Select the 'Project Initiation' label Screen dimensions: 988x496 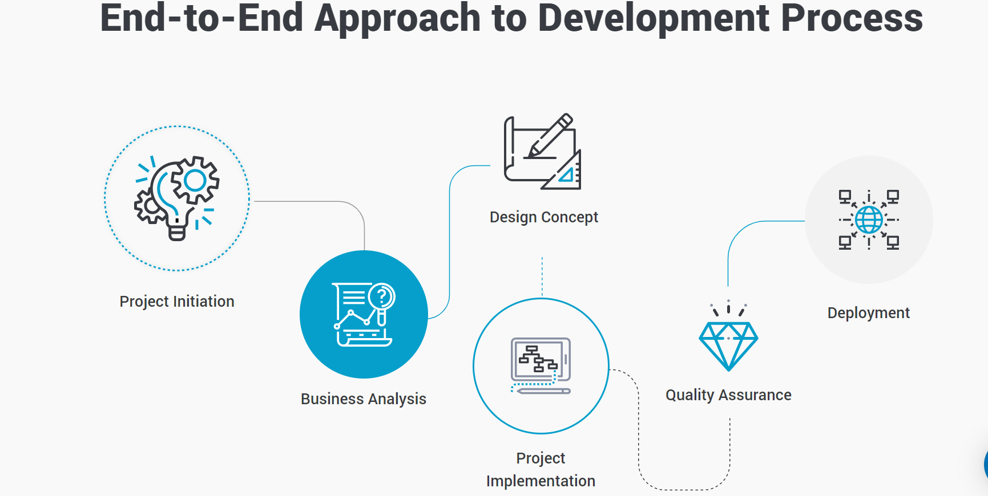coord(177,302)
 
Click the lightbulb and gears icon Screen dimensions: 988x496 coord(177,198)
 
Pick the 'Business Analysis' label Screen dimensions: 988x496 coord(364,399)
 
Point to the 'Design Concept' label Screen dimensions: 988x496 coord(544,217)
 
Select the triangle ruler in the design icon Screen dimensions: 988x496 coord(563,171)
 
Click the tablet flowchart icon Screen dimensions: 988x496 coord(541,365)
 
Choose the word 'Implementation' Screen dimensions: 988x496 coord(541,481)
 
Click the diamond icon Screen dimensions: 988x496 coord(728,345)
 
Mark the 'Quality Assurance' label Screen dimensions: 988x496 coord(728,395)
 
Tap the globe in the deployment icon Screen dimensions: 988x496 coord(869,219)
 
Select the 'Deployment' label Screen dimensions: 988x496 coord(869,313)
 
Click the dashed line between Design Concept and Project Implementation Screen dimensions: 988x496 coord(542,277)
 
